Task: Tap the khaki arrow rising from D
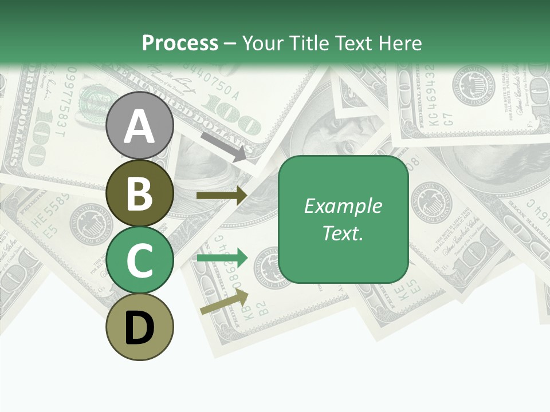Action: pyautogui.click(x=224, y=302)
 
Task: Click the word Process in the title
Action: pyautogui.click(x=180, y=43)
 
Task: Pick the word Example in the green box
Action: pyautogui.click(x=343, y=206)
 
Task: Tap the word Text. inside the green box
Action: pyautogui.click(x=343, y=233)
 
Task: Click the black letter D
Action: pyautogui.click(x=140, y=328)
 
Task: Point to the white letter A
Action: pyautogui.click(x=140, y=126)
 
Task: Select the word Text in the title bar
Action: pyautogui.click(x=351, y=43)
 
